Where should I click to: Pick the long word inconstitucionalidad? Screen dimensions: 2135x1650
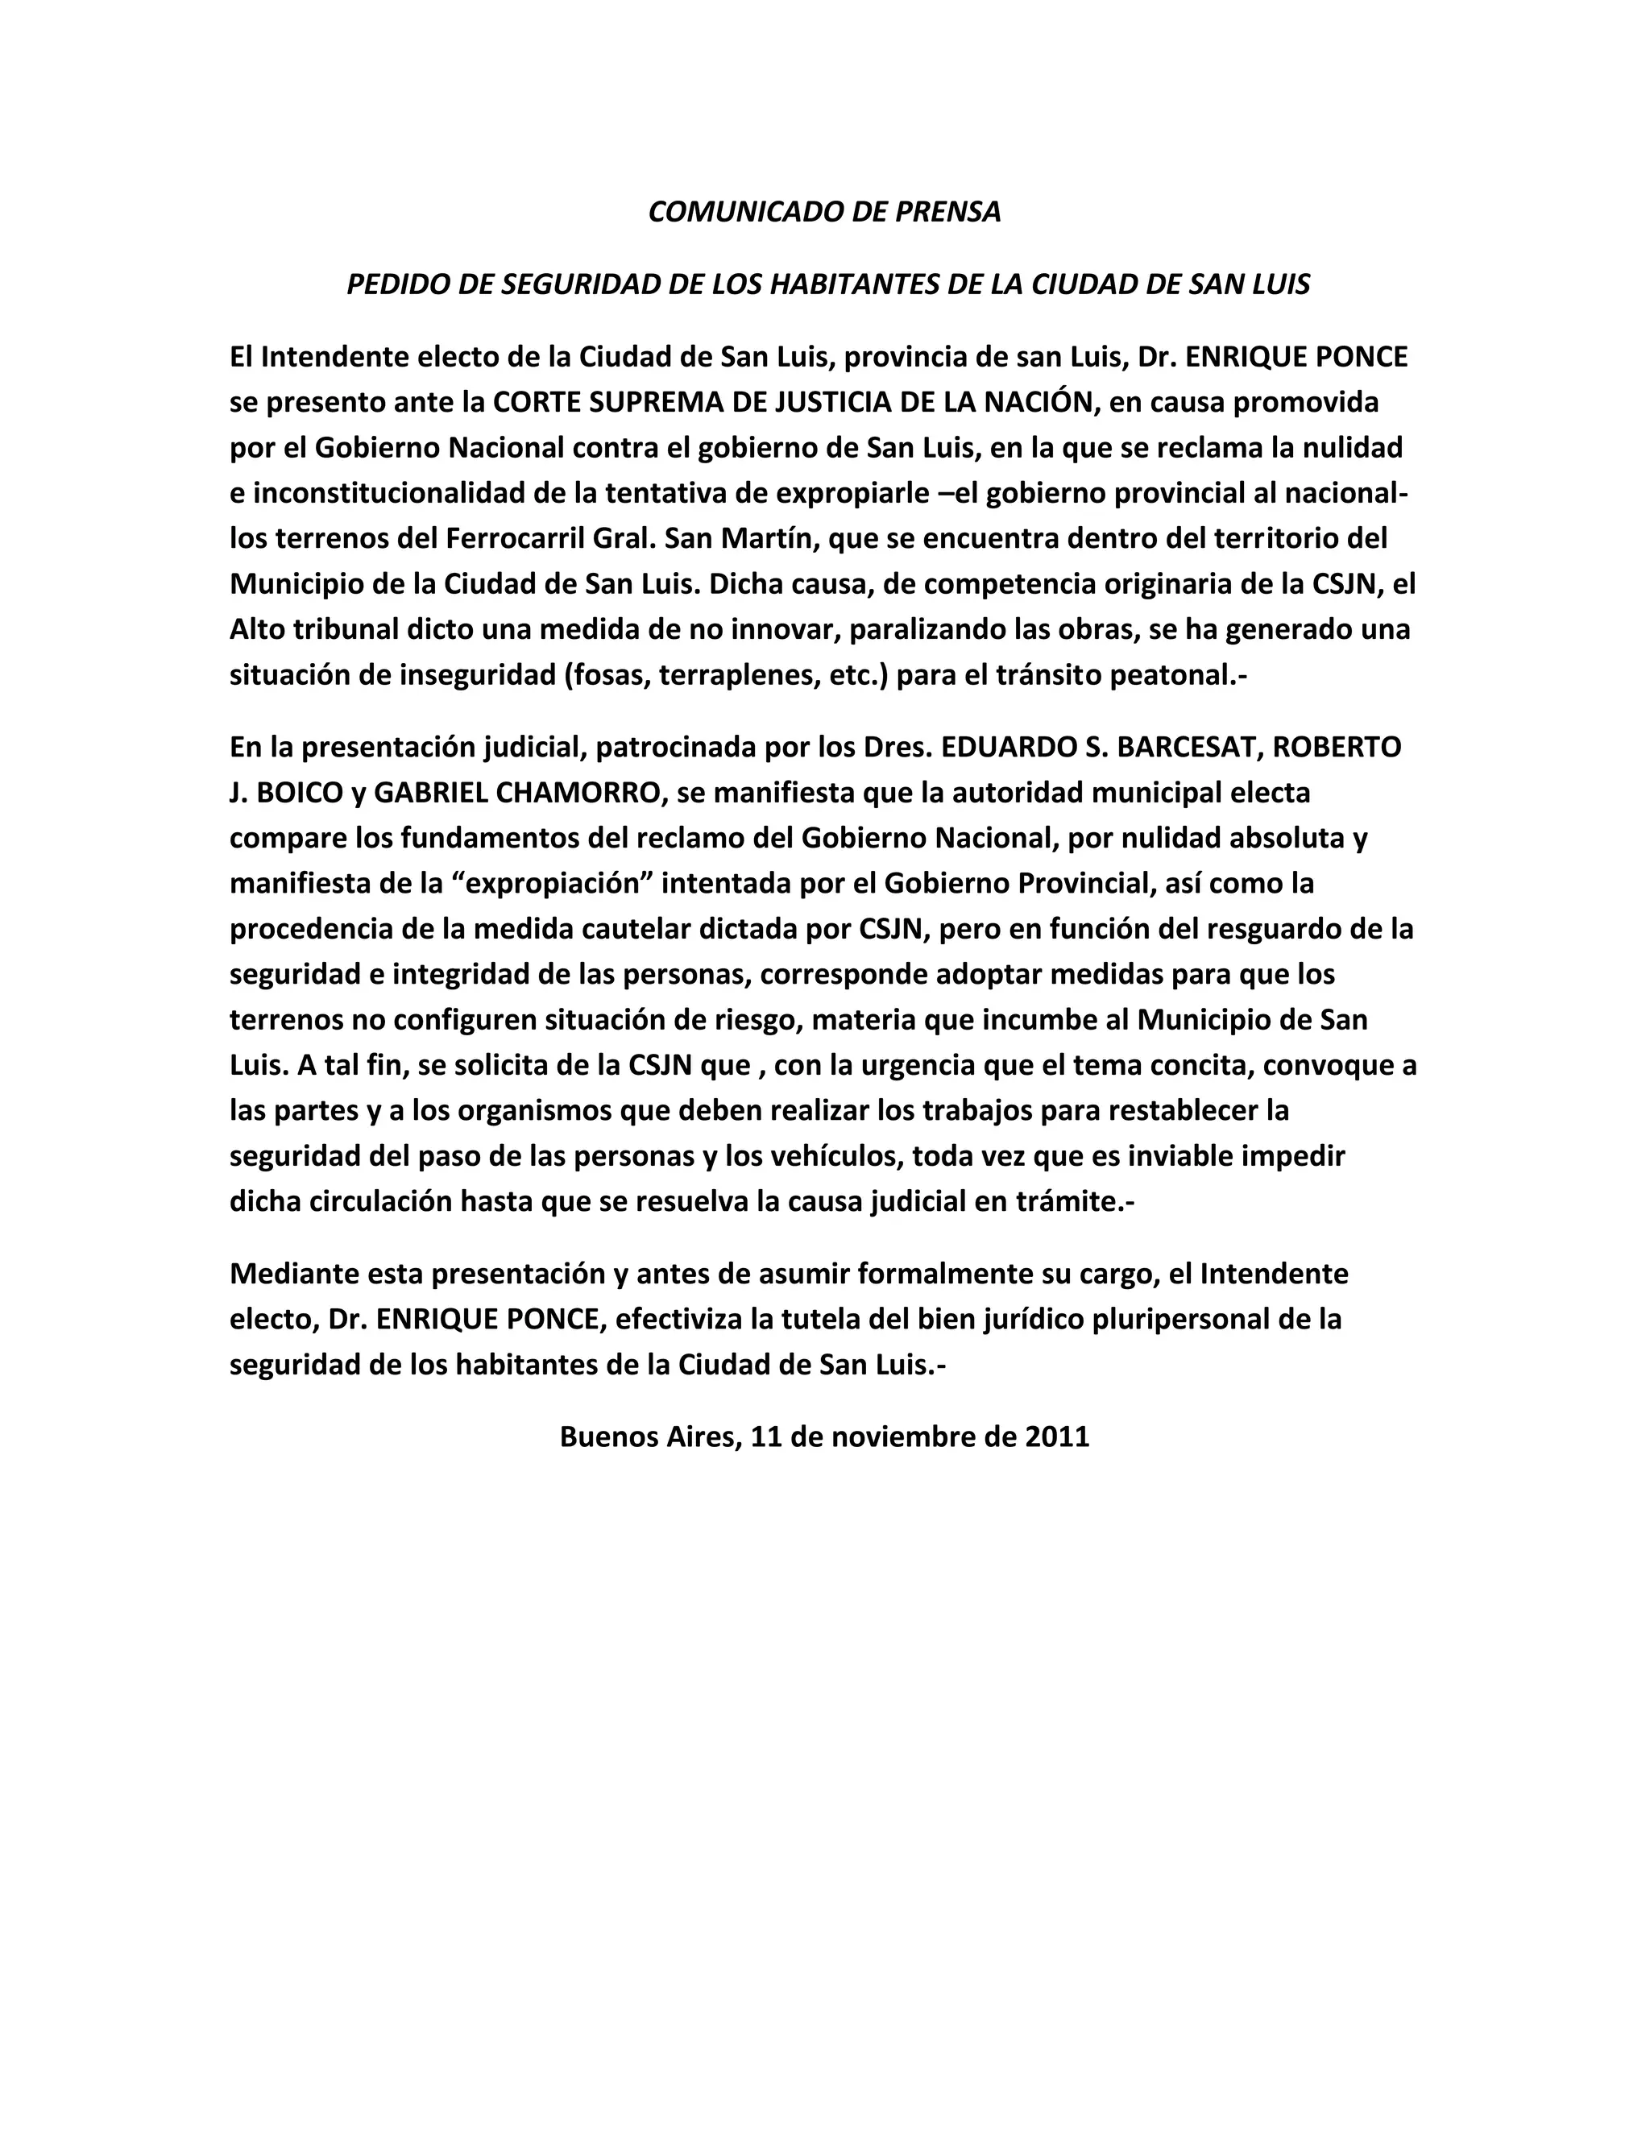click(388, 493)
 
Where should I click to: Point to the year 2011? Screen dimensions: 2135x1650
click(1057, 1436)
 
